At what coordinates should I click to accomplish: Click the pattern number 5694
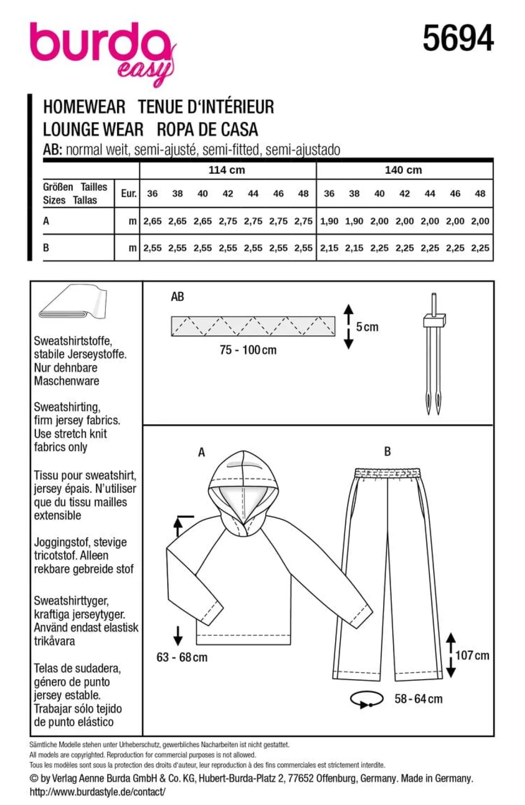(458, 38)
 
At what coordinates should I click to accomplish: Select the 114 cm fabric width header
(227, 170)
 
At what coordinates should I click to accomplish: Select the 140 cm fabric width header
(403, 170)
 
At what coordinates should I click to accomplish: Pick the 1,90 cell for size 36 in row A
(329, 221)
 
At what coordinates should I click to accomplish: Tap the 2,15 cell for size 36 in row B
(329, 248)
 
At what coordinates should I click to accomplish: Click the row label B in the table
(46, 248)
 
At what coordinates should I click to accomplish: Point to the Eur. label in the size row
(129, 194)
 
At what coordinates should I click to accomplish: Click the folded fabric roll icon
(73, 302)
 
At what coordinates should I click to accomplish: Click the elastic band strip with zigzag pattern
(253, 326)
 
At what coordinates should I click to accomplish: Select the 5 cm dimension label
(367, 327)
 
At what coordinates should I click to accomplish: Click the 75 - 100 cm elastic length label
(248, 350)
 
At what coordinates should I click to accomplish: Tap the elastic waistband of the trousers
(388, 473)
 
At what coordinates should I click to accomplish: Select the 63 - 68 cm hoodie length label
(182, 657)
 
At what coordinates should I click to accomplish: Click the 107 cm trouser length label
(472, 655)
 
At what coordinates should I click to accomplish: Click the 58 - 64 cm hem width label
(419, 699)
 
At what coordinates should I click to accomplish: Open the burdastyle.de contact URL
(97, 792)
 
